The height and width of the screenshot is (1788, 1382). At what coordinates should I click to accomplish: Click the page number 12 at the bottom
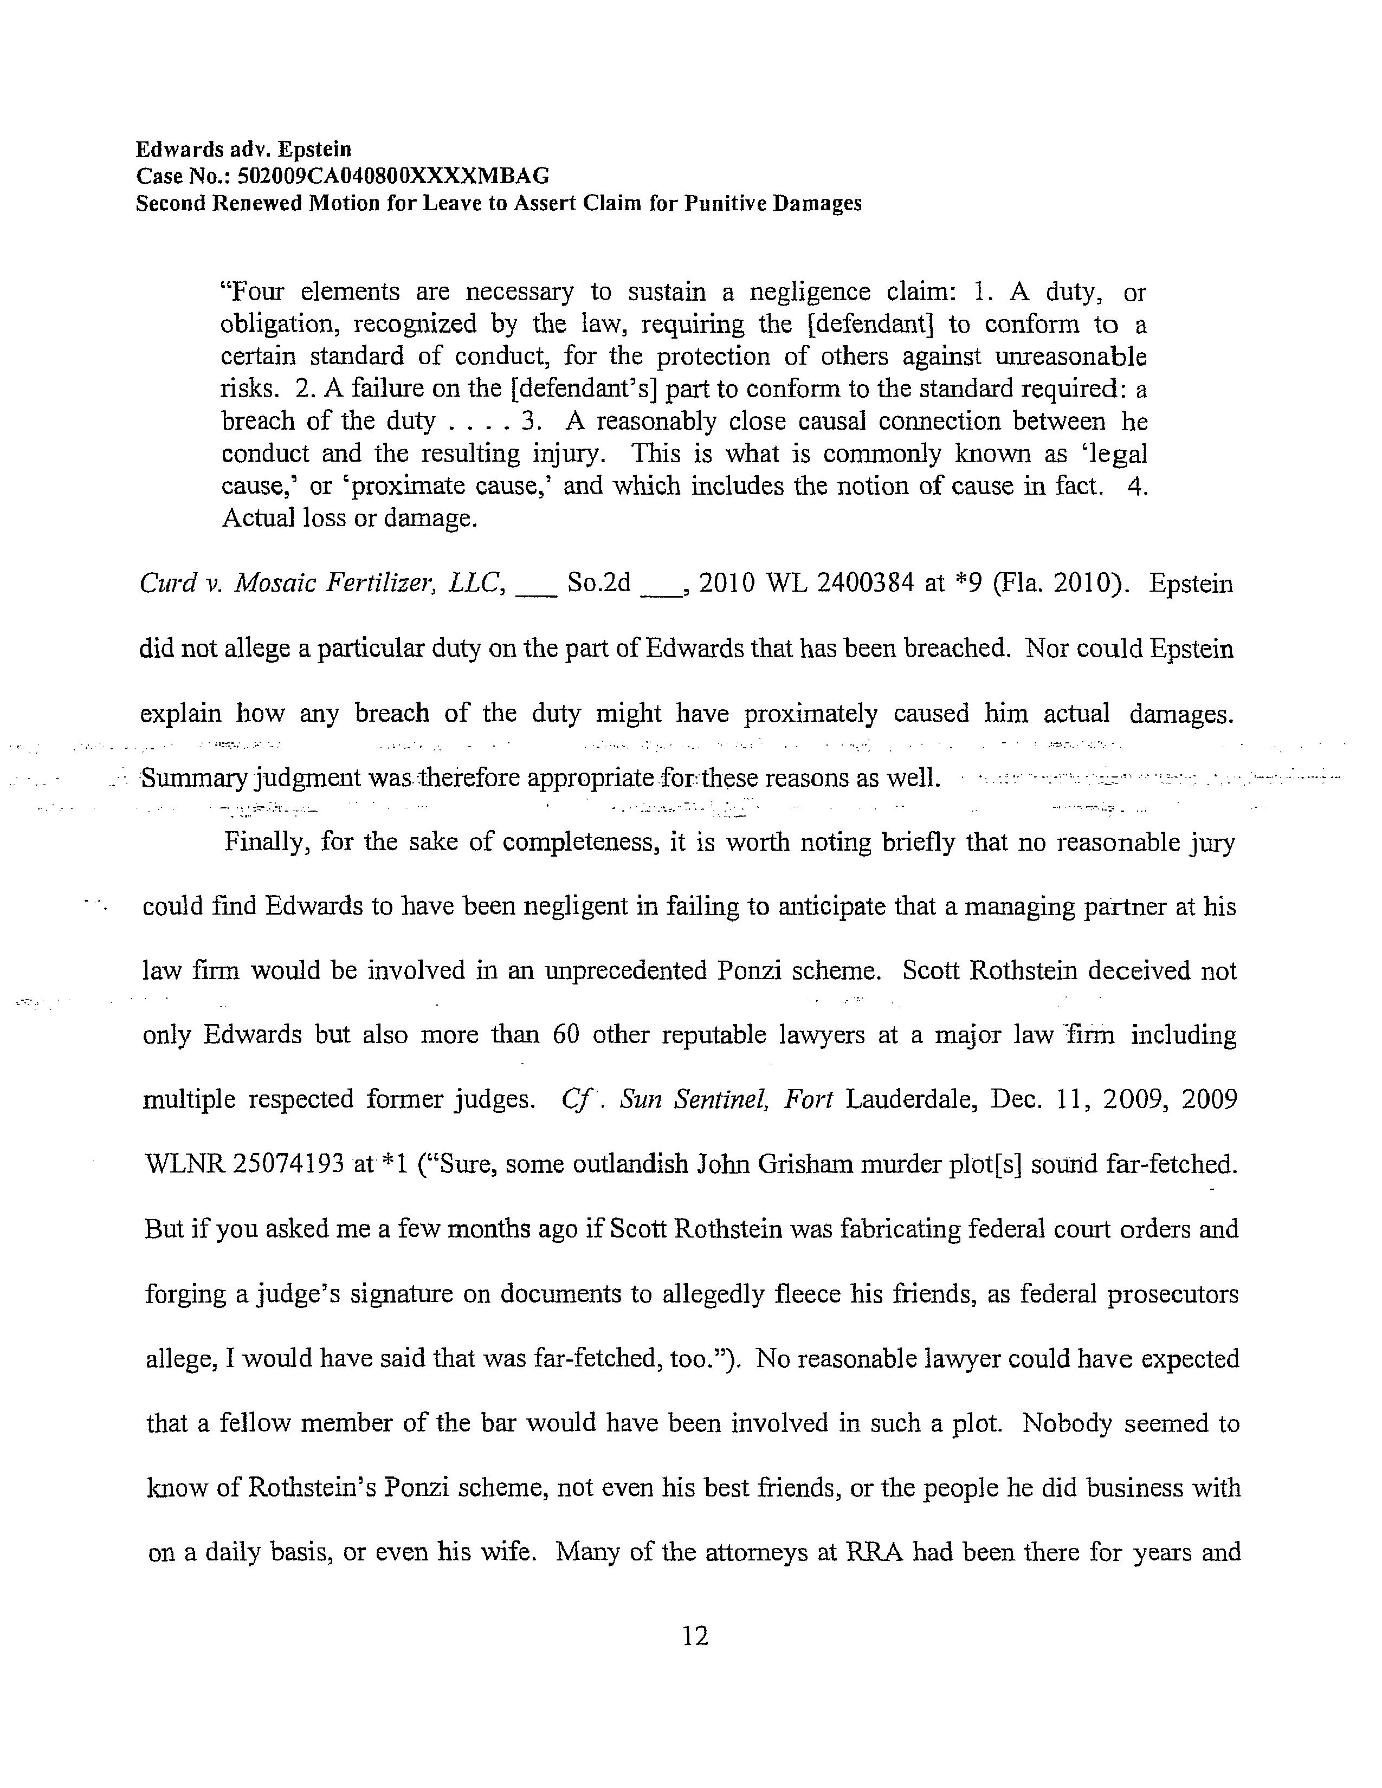pos(694,1636)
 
